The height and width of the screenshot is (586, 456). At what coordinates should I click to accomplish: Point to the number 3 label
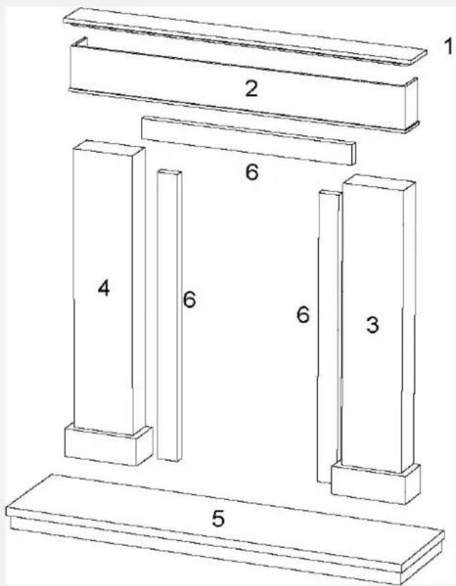tap(372, 324)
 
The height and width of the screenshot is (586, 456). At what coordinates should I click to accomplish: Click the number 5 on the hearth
tap(218, 518)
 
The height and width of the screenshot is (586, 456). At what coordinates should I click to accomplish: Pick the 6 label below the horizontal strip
tap(251, 173)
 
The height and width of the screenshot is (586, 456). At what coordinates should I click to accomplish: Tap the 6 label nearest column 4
tap(189, 299)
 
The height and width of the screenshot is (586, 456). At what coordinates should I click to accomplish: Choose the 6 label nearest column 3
tap(304, 314)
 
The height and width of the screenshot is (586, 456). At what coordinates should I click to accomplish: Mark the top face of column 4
tap(109, 146)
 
